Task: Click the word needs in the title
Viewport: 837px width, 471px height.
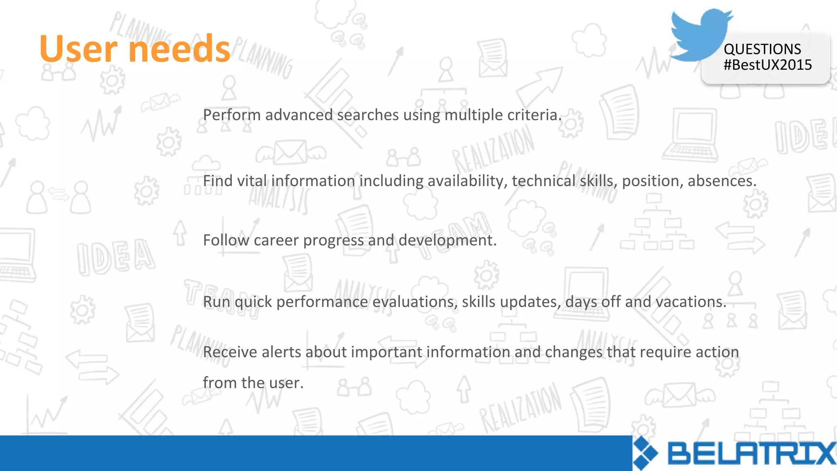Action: click(x=179, y=49)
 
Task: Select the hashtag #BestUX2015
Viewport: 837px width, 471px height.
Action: click(x=768, y=65)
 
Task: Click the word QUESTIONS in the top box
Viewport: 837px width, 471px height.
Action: click(x=762, y=49)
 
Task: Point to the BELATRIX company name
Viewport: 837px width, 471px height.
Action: click(x=751, y=454)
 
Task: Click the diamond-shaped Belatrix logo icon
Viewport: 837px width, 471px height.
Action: click(x=645, y=453)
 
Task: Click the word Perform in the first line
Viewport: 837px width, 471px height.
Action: click(x=232, y=115)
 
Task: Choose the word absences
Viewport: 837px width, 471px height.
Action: click(x=722, y=181)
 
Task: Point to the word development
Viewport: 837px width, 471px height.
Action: click(x=447, y=240)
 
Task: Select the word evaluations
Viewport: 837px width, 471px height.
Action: click(x=415, y=302)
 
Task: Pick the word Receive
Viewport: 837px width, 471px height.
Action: click(x=230, y=352)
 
